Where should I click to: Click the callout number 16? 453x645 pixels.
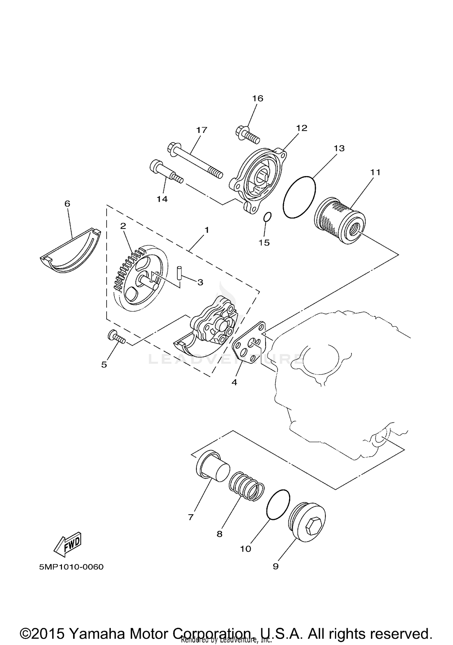[258, 98]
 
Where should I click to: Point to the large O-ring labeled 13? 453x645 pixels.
[299, 197]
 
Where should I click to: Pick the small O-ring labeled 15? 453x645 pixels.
[268, 217]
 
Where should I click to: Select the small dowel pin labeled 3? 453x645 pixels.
[179, 273]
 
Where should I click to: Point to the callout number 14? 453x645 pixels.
[162, 199]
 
